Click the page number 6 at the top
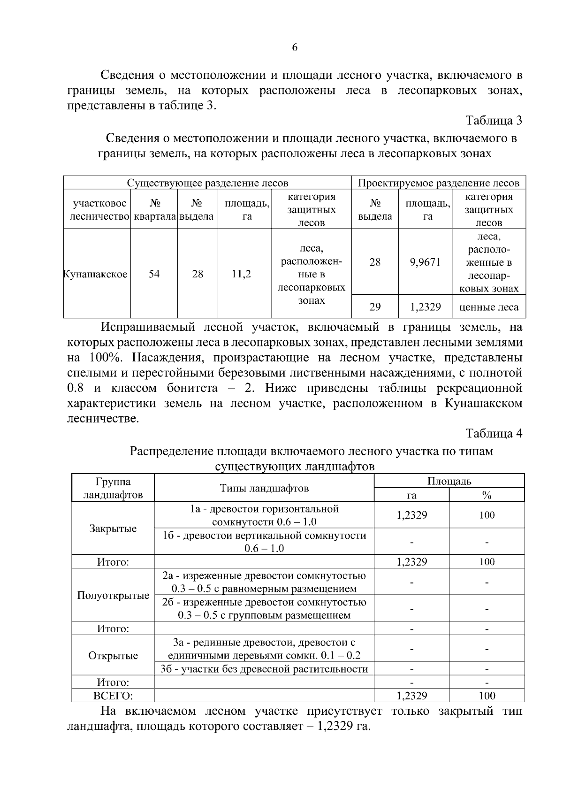(295, 47)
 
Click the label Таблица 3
(494, 121)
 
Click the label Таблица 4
(494, 433)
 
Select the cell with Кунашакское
(96, 274)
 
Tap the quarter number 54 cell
(154, 274)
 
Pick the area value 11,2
(242, 274)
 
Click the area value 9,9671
(425, 262)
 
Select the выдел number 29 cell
(375, 307)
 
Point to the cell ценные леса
(489, 307)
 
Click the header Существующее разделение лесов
(208, 183)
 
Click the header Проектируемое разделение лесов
(439, 183)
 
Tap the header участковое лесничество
(99, 210)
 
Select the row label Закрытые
(113, 529)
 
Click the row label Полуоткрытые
(113, 596)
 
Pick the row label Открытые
(113, 656)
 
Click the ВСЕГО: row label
(113, 696)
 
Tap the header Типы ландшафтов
(264, 488)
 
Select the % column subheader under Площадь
(487, 495)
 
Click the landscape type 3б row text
(264, 669)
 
